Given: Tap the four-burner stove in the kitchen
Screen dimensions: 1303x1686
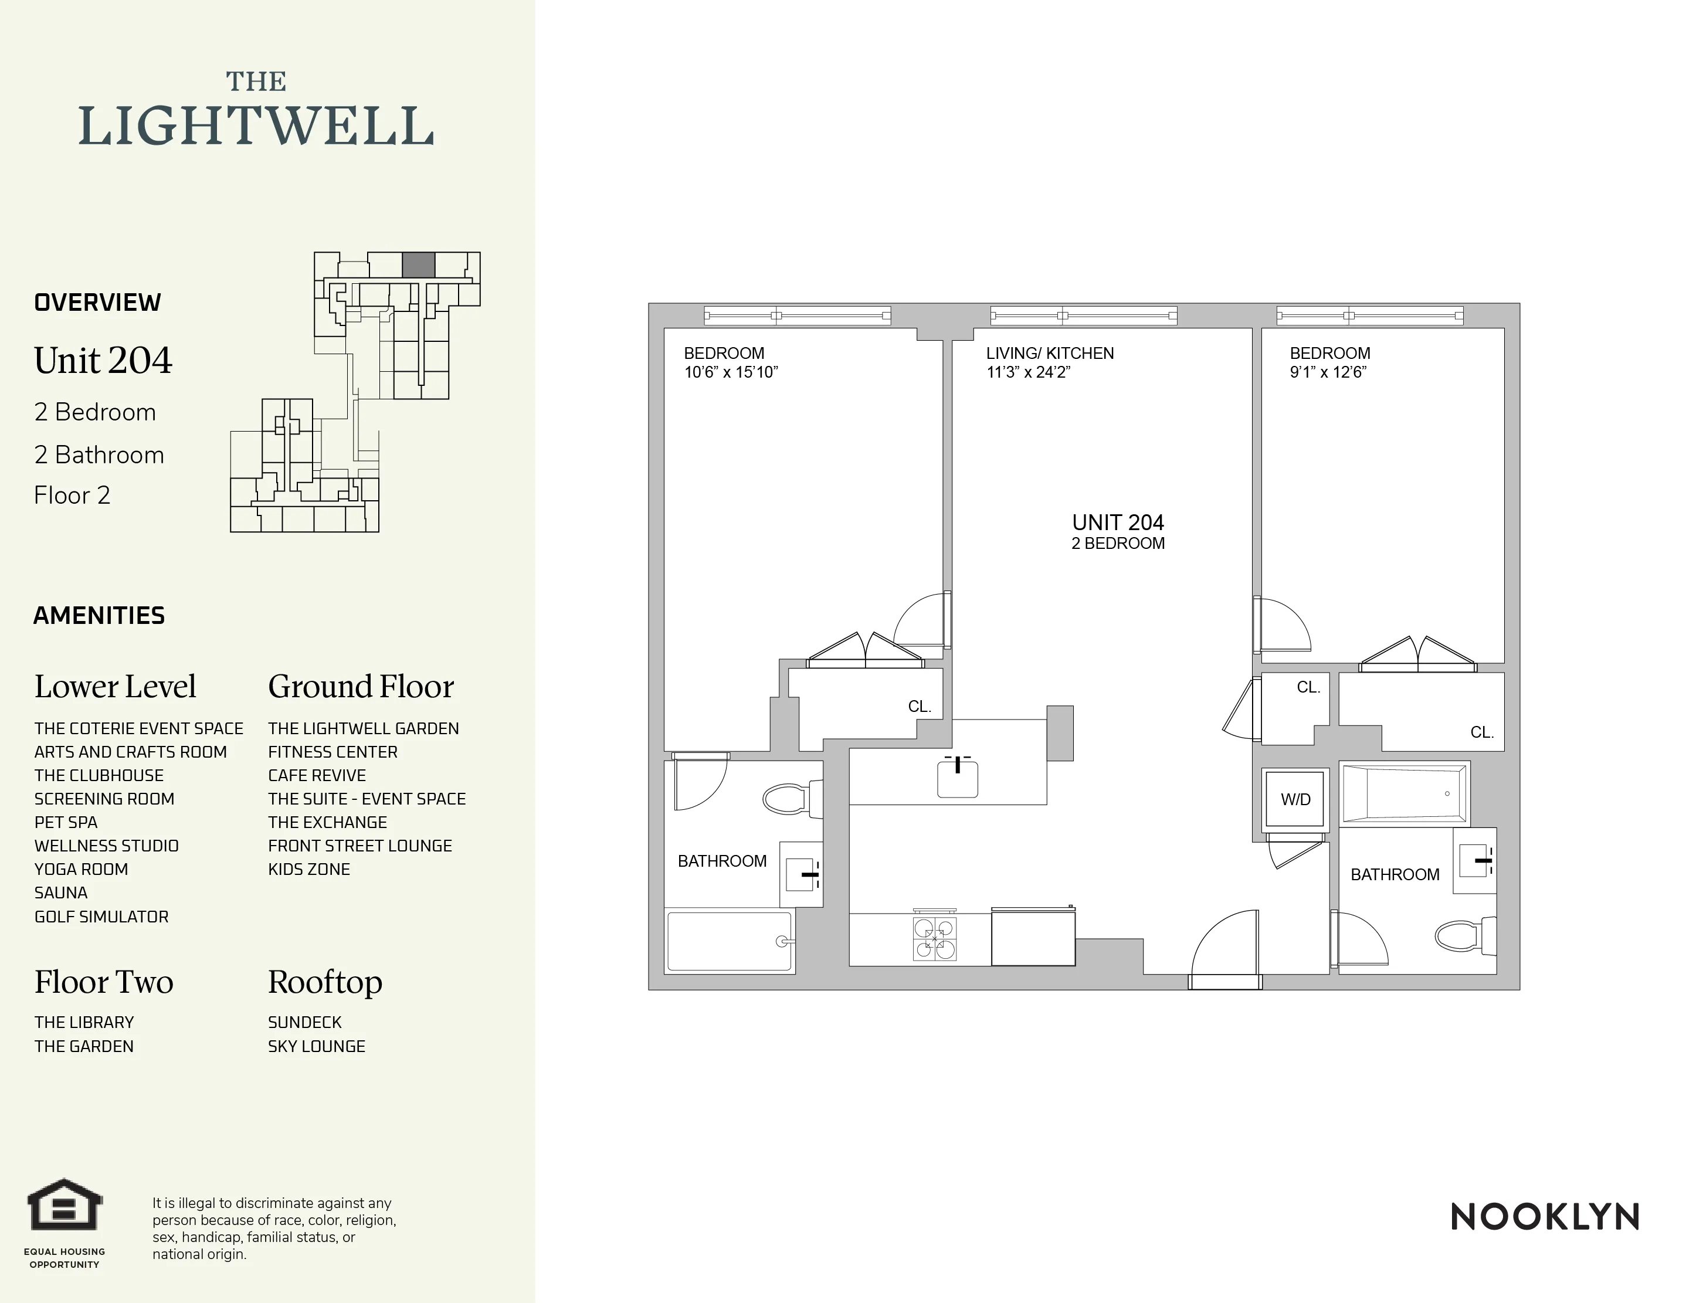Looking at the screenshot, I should tap(935, 939).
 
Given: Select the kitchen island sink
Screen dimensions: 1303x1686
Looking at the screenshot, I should tap(957, 779).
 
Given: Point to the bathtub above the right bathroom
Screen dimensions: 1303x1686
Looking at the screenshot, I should tap(1405, 793).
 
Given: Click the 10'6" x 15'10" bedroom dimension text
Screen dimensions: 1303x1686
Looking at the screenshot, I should tap(730, 372).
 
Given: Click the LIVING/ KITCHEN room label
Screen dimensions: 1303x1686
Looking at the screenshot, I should tap(1049, 354).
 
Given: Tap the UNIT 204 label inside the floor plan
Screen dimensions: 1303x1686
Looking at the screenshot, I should tap(1117, 523).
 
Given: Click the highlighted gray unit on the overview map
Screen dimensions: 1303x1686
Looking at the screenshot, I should tap(418, 265).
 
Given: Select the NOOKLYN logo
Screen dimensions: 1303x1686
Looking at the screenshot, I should tap(1545, 1217).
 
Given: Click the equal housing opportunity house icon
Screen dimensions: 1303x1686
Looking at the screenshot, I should tap(65, 1205).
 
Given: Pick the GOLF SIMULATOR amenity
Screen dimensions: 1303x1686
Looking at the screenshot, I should tap(101, 917).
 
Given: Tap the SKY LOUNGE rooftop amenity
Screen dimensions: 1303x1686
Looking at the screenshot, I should tap(317, 1046).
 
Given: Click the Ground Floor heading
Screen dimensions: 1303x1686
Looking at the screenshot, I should tap(361, 686).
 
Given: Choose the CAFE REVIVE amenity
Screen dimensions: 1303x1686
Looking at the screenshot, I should tap(317, 775).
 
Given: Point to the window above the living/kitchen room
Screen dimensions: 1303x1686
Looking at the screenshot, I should tap(1083, 315).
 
